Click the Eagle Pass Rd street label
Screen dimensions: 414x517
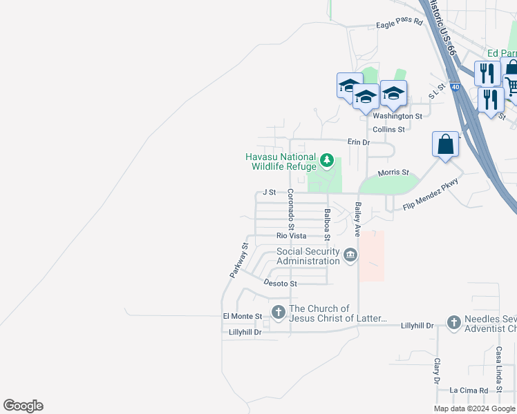coord(399,23)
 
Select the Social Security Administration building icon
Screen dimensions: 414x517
coord(350,256)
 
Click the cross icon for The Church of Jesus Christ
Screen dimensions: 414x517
coord(279,313)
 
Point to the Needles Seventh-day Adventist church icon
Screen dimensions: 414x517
coord(453,322)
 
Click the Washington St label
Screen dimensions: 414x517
coord(397,117)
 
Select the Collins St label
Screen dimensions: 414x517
coord(388,129)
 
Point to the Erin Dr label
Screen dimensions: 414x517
coord(359,142)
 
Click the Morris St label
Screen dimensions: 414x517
coord(393,172)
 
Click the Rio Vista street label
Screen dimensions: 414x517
coord(291,236)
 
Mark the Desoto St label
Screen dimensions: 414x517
coord(280,284)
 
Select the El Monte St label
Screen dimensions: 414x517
coord(242,317)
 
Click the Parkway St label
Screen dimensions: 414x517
coord(239,260)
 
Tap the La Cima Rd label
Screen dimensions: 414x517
coord(469,391)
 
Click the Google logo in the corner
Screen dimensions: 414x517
coord(23,406)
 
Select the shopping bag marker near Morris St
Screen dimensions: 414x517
coord(446,146)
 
